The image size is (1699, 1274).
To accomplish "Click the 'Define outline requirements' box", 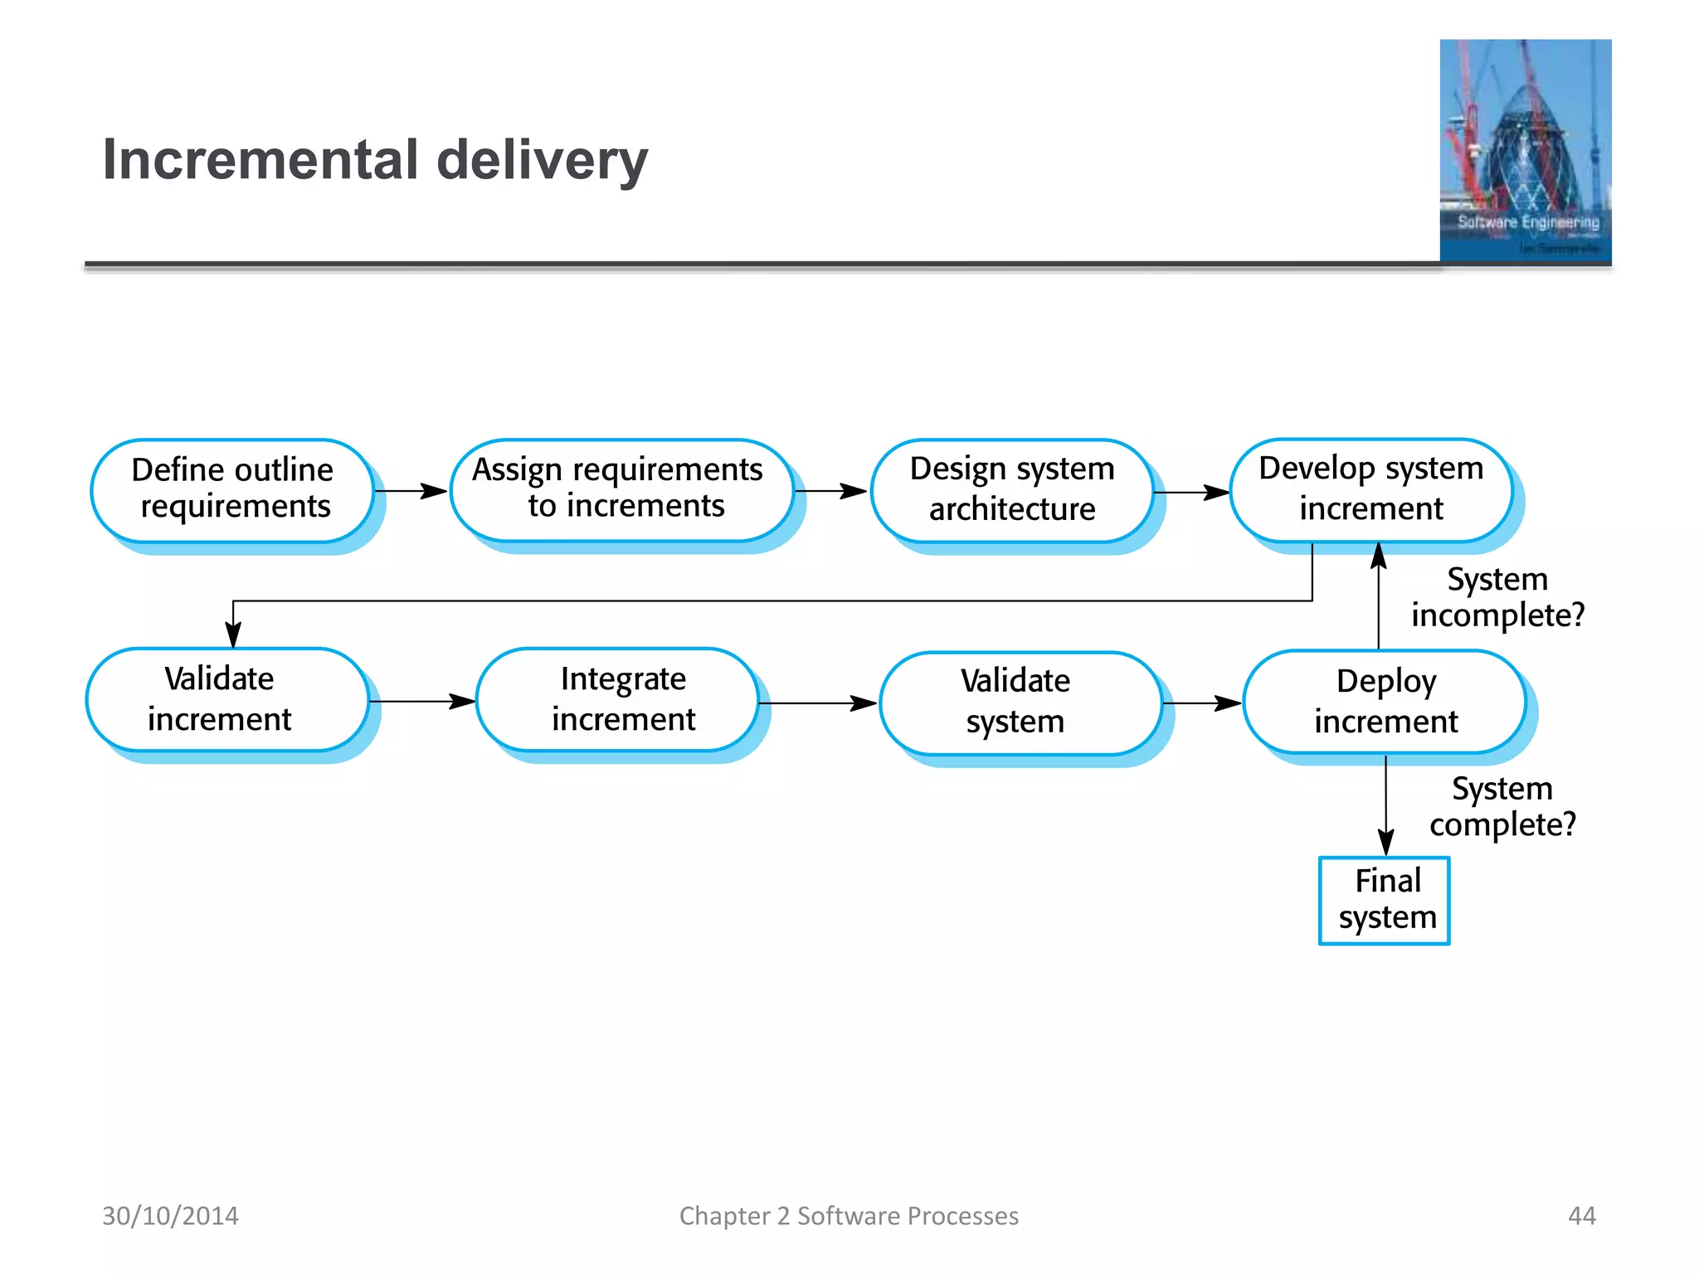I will pos(232,489).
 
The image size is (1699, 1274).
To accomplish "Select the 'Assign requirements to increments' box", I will pos(621,489).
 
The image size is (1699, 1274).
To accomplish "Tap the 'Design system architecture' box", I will pos(1012,489).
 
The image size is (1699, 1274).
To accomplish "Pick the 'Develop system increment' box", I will pos(1370,489).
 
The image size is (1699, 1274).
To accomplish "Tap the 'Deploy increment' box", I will pos(1385,702).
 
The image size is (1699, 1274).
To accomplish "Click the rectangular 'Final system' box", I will pos(1384,900).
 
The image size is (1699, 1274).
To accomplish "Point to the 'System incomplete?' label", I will pos(1497,597).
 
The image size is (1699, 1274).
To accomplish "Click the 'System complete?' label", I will pos(1502,806).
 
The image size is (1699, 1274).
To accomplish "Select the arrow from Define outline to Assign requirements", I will pos(411,491).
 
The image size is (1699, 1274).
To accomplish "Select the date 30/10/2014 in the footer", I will pos(170,1216).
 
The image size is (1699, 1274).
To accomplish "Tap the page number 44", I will pos(1581,1216).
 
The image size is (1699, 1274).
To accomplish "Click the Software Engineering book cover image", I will pos(1525,151).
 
